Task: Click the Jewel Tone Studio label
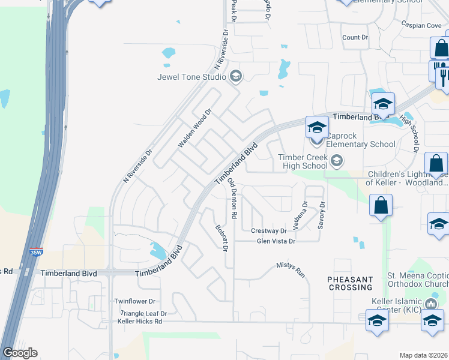click(191, 77)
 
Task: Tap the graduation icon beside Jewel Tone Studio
click(235, 76)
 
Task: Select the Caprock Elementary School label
click(361, 144)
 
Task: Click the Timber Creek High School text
click(303, 161)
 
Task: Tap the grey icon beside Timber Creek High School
click(337, 160)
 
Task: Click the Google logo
click(19, 353)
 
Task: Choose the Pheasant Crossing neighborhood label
click(351, 284)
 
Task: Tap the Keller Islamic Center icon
click(431, 305)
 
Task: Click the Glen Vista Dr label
click(276, 241)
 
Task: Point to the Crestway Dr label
click(268, 230)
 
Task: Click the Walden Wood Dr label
click(196, 128)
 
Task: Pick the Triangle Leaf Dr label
click(143, 313)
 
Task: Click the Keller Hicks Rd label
click(140, 322)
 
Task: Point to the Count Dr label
click(355, 37)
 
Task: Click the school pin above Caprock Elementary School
click(317, 127)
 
